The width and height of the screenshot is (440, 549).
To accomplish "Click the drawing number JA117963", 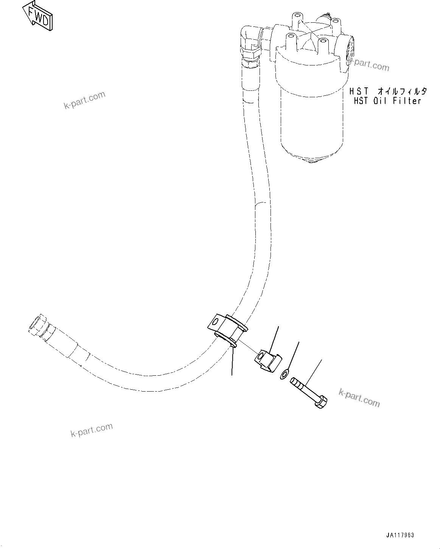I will [x=400, y=535].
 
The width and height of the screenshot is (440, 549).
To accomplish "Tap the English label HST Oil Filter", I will [x=387, y=101].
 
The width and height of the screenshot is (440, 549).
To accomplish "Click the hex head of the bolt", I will [x=320, y=402].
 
